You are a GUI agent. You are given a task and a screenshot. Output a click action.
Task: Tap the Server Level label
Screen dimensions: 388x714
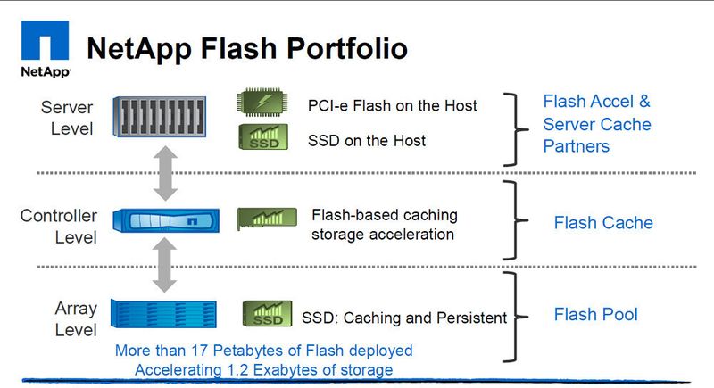tap(67, 118)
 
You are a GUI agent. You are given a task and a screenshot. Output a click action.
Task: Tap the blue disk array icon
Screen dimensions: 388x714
tap(163, 313)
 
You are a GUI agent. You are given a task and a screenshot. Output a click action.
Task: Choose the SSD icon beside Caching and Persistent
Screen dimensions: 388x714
tap(267, 313)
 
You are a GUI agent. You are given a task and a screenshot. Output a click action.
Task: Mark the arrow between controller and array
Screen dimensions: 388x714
tap(163, 266)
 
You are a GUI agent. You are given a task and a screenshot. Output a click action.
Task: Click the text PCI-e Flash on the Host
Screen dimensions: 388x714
tap(392, 106)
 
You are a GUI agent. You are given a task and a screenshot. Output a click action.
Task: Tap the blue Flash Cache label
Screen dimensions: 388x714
tap(603, 223)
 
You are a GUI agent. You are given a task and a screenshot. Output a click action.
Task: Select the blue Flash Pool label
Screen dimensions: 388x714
tap(595, 314)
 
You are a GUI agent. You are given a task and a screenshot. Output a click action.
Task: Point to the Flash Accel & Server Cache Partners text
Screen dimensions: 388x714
tap(597, 123)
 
